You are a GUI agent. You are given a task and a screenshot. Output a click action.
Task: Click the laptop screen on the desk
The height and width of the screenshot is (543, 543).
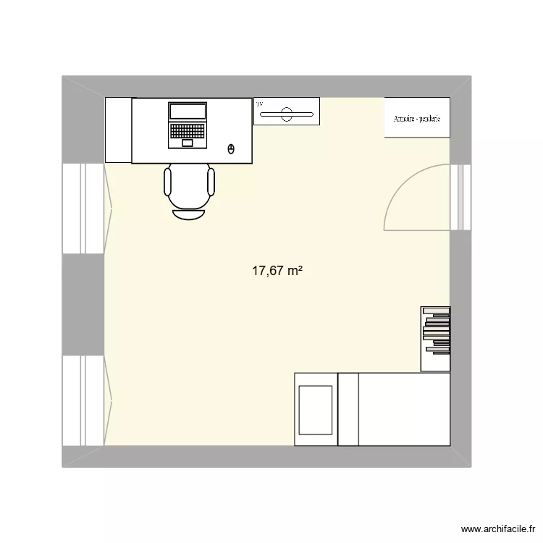click(x=188, y=111)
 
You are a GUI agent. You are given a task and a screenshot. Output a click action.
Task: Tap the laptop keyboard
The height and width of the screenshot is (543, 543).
click(x=188, y=130)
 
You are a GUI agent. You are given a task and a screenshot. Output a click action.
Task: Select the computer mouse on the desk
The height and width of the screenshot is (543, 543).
click(x=231, y=149)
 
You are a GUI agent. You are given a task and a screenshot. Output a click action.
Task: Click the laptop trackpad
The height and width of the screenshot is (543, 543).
click(x=188, y=143)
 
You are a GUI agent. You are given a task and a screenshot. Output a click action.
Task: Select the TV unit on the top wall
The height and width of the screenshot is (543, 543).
click(x=287, y=111)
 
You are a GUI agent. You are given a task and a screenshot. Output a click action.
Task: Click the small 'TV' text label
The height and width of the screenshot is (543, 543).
click(x=258, y=104)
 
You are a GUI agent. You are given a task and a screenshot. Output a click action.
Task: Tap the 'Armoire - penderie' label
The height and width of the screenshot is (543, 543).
click(x=417, y=119)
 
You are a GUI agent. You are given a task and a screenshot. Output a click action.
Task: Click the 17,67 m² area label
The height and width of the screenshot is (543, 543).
click(x=277, y=271)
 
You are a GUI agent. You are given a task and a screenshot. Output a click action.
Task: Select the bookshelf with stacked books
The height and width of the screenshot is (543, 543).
click(x=436, y=339)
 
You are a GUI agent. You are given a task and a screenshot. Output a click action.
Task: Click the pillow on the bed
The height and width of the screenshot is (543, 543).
click(x=316, y=409)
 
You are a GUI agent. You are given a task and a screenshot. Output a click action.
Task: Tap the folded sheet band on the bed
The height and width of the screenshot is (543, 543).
click(x=348, y=409)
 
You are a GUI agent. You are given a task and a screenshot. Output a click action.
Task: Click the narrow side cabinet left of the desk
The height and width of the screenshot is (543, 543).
click(x=118, y=130)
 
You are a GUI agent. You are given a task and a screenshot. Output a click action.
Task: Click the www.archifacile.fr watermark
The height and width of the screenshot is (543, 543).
click(x=501, y=529)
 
